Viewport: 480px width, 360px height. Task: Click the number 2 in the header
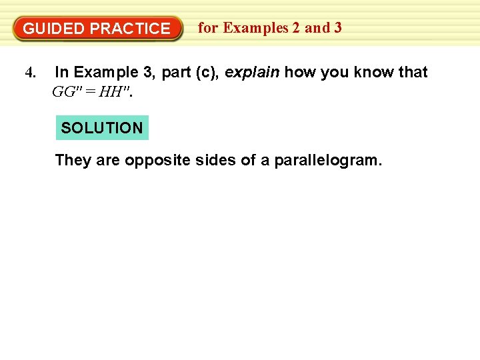295,28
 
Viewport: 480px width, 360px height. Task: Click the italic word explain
252,72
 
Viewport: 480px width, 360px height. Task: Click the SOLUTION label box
102,127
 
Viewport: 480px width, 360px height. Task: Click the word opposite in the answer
154,160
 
